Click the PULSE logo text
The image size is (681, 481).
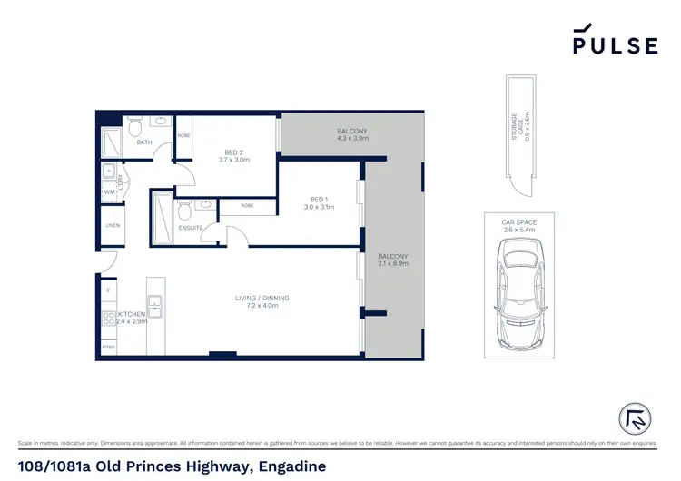[x=615, y=45]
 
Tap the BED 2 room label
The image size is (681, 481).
[x=233, y=152]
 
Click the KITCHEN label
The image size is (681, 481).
[x=132, y=314]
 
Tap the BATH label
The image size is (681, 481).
[x=144, y=142]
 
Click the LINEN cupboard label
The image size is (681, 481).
[x=113, y=225]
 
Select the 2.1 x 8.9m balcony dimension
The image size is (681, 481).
[x=393, y=263]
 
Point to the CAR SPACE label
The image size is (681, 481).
[x=518, y=221]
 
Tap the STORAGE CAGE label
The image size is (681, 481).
[x=517, y=127]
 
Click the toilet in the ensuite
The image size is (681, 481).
[x=183, y=212]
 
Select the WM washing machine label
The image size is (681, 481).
[x=108, y=191]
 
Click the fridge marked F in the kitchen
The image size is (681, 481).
[x=108, y=290]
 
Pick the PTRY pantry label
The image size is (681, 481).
[x=108, y=347]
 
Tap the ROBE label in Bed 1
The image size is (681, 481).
[x=248, y=205]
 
